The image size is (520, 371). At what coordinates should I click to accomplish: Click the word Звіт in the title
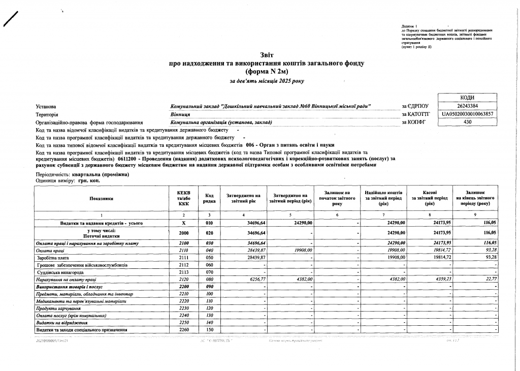(267, 55)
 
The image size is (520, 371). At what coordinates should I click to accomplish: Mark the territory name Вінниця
(181, 114)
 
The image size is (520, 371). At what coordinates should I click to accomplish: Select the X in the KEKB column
(184, 223)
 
